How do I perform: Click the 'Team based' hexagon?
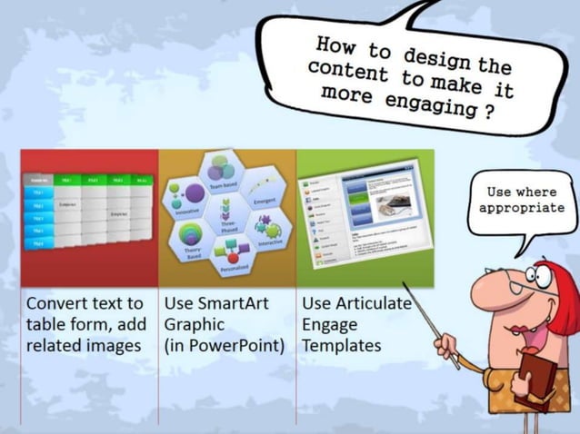pos(223,173)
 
